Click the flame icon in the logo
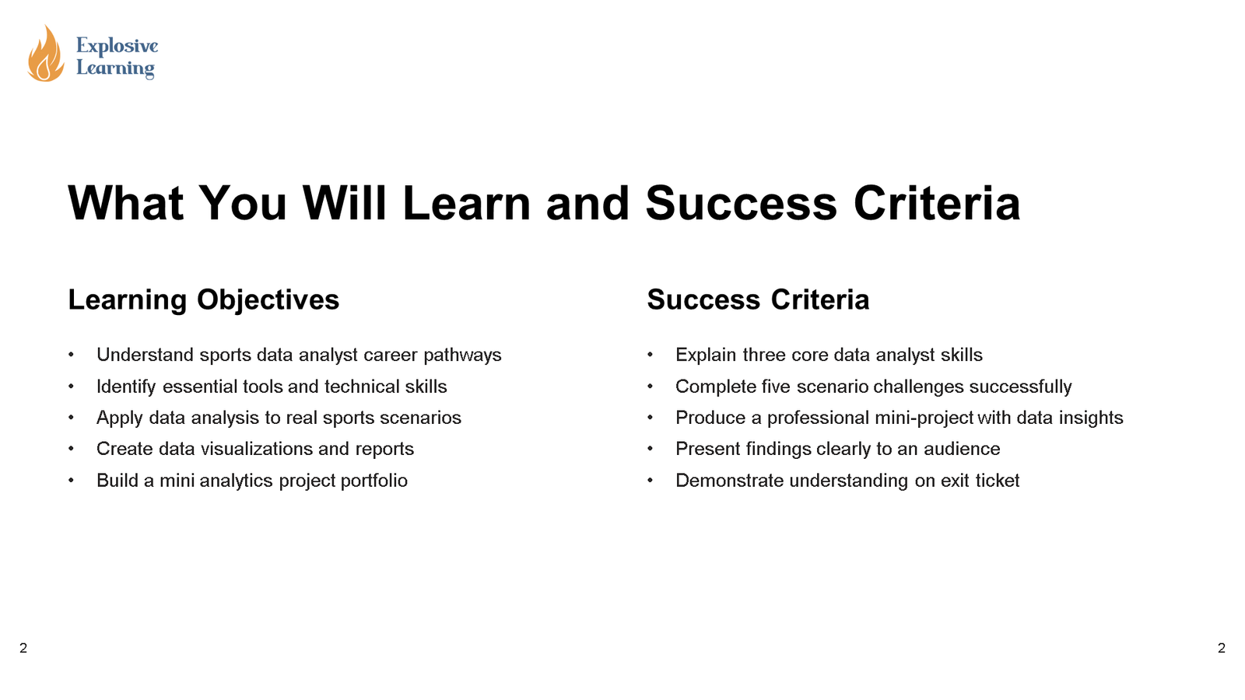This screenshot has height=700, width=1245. point(45,54)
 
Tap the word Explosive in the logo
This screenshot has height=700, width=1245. point(117,46)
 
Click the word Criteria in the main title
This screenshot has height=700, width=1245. point(936,204)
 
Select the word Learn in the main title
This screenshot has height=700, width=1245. point(465,204)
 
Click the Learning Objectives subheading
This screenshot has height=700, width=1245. point(203,300)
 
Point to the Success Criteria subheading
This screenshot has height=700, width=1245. point(758,300)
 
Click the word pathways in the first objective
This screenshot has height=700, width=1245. point(462,355)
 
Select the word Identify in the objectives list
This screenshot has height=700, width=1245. point(126,387)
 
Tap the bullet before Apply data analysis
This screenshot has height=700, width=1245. point(72,418)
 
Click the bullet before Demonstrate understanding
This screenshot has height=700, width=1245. point(651,481)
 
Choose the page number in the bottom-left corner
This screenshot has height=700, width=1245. point(23,648)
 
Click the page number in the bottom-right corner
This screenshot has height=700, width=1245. point(1222,648)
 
